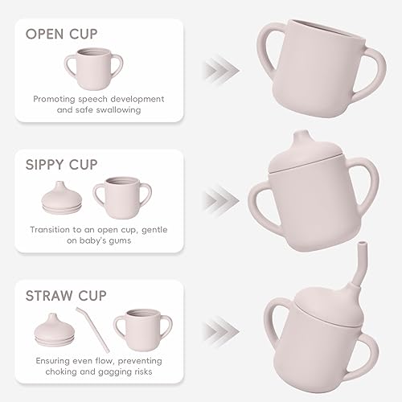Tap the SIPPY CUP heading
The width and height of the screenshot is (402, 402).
point(72,164)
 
